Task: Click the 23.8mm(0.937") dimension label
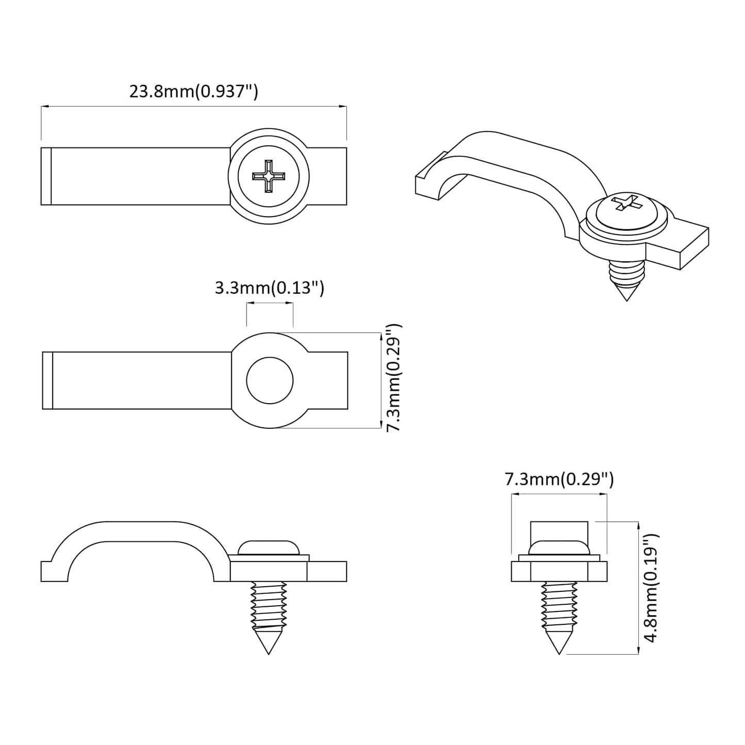coord(193,91)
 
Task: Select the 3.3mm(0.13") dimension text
coord(269,288)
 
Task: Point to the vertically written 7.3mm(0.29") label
coord(393,378)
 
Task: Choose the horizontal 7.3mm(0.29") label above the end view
coord(559,479)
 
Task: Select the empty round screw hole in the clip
coord(270,381)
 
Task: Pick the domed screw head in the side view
coord(269,547)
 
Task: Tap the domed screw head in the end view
coord(559,547)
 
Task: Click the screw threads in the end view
coord(559,603)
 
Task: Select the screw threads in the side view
coord(269,603)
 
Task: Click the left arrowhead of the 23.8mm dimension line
coord(44,107)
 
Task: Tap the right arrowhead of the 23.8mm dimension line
coord(343,107)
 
